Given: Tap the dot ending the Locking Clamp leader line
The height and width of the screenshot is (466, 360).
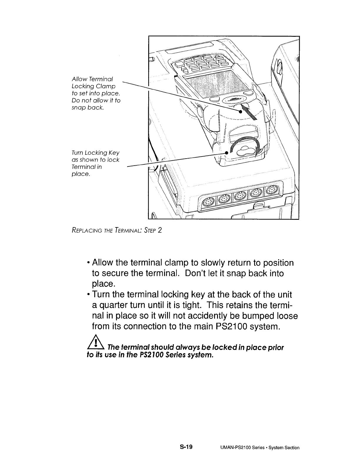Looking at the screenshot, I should click(240, 112).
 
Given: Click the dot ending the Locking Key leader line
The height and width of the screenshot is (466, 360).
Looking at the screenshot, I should click(226, 153).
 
